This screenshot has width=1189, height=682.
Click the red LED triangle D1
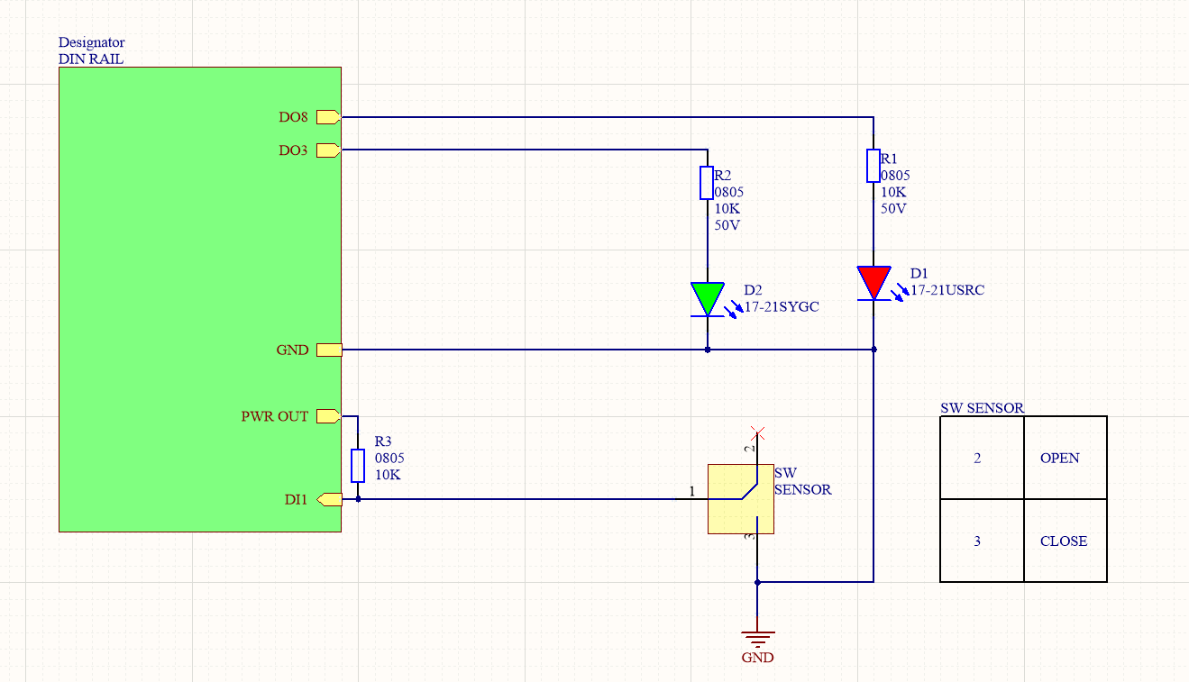873,281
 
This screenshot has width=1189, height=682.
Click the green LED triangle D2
708,297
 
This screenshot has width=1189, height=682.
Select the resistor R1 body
873,166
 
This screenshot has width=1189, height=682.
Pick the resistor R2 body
708,183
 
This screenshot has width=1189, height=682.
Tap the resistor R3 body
358,466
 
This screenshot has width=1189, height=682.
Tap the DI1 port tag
329,499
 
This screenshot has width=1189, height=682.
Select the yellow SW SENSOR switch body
740,499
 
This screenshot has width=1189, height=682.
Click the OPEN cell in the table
1065,458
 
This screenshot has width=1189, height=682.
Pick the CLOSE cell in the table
1065,541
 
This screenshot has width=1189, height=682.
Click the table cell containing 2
982,458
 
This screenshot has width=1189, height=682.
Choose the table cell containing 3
982,541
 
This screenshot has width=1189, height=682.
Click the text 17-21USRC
947,289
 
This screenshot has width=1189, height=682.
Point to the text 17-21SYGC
782,306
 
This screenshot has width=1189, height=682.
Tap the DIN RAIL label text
91,59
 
